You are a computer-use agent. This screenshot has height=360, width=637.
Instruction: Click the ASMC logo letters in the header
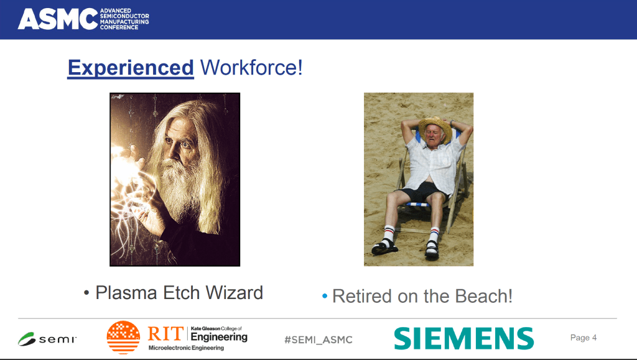[x=58, y=19]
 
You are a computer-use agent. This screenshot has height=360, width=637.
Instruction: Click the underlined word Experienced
[x=131, y=68]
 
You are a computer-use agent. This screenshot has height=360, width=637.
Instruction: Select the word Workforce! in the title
[x=251, y=67]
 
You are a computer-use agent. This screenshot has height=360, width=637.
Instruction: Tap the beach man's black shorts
[x=423, y=192]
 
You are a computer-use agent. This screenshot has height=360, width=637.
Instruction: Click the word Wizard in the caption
[x=235, y=293]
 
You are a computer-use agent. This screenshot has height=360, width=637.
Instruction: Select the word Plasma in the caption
[x=126, y=293]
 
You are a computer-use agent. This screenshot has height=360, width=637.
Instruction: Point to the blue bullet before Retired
[x=325, y=297]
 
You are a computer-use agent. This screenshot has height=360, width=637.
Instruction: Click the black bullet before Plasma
[x=86, y=293]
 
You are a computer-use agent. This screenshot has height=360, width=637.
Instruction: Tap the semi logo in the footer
[x=47, y=339]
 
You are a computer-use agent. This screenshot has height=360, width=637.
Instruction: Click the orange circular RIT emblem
[x=123, y=337]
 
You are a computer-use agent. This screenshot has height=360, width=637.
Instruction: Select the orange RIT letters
[x=165, y=334]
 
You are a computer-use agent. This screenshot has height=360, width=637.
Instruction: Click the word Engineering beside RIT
[x=219, y=337]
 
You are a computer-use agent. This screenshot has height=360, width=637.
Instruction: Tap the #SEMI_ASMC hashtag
[x=318, y=339]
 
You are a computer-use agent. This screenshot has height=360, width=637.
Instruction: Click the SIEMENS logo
[x=464, y=338]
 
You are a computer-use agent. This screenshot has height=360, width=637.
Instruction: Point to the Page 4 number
[x=584, y=338]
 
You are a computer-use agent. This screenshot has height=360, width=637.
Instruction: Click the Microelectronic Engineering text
[x=186, y=348]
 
